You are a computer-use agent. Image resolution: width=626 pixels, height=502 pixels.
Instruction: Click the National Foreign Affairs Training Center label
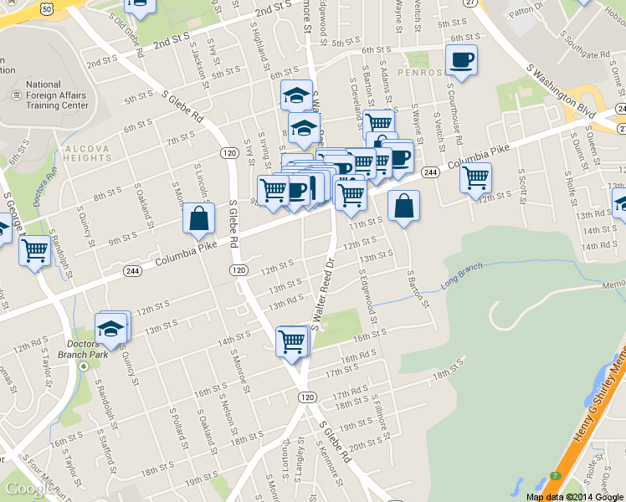click(x=55, y=95)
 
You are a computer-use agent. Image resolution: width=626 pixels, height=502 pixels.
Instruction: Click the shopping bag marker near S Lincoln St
click(x=199, y=219)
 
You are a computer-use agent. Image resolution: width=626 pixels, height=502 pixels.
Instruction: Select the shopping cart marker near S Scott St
click(x=475, y=177)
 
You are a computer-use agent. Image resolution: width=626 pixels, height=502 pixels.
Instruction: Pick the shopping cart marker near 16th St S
click(x=291, y=341)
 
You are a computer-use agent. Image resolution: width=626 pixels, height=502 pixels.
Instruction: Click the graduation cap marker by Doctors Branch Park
click(x=110, y=329)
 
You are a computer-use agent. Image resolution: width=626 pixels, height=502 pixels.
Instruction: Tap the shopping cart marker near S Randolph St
click(x=34, y=249)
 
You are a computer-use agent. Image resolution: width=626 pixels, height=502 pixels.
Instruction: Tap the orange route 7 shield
click(x=556, y=475)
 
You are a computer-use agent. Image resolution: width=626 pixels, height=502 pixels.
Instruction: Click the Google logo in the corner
click(x=31, y=489)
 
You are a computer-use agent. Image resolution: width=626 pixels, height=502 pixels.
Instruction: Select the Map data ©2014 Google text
click(x=575, y=496)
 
